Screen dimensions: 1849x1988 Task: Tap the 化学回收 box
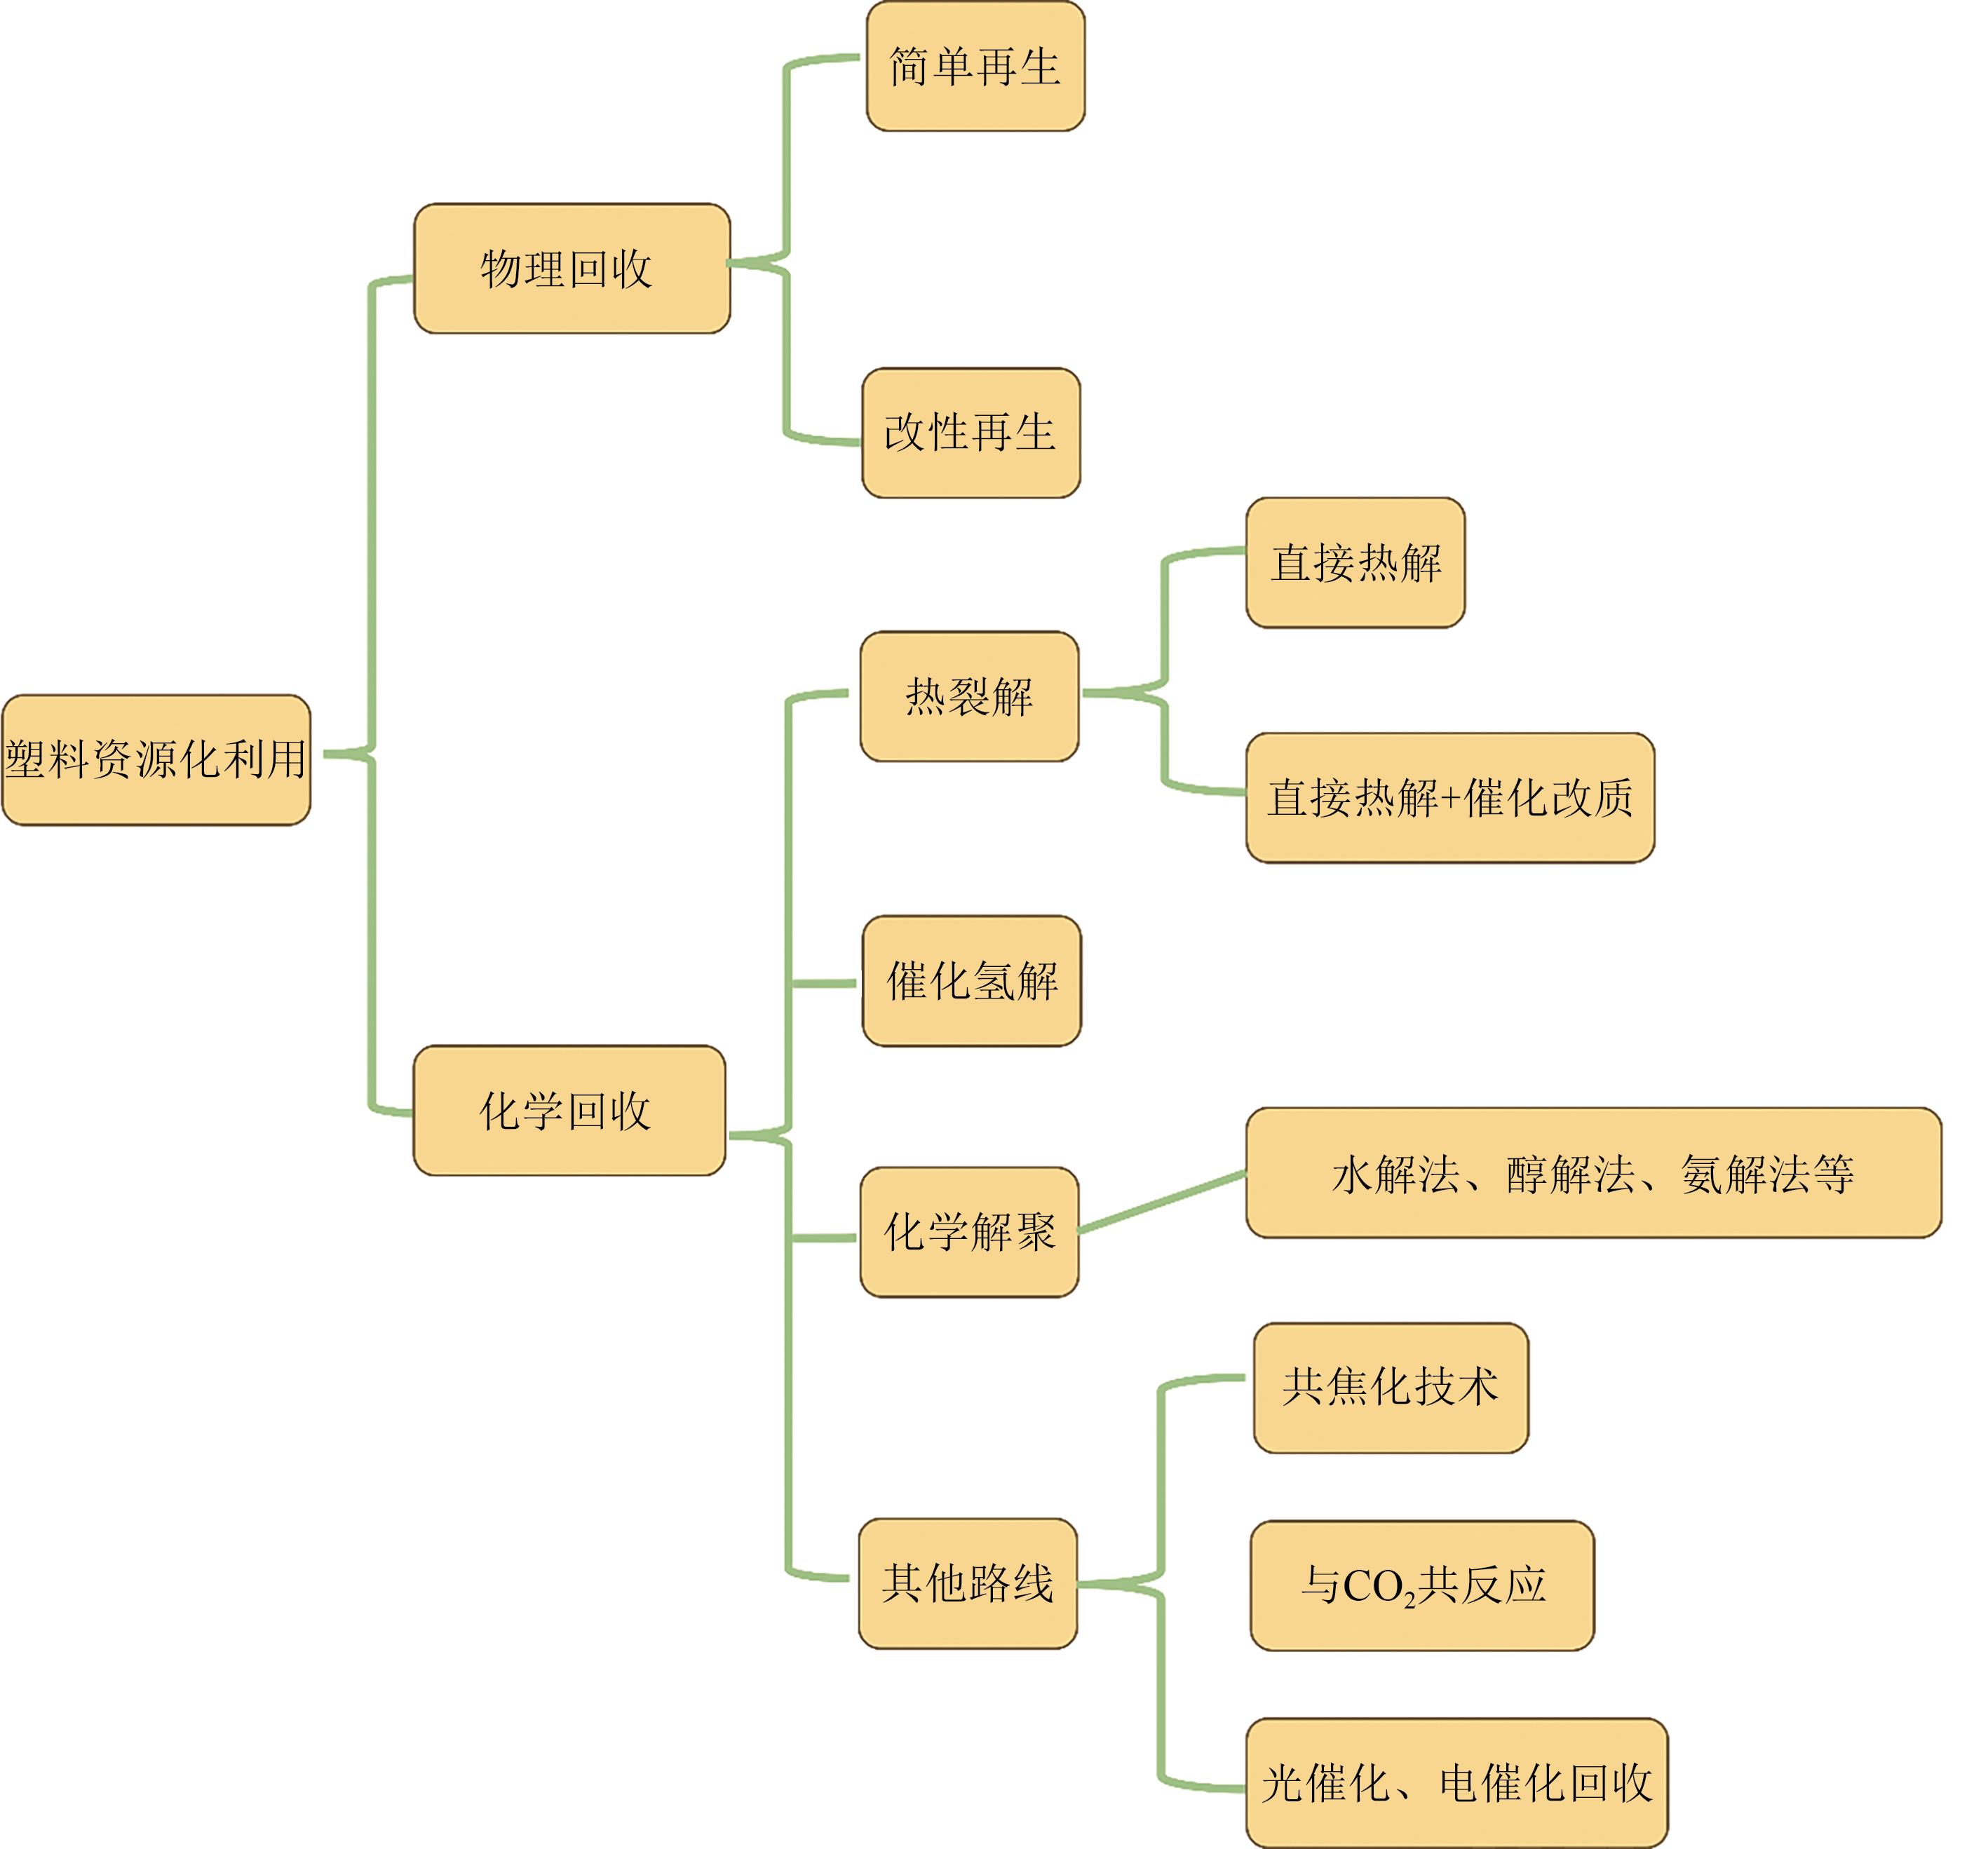[569, 1110]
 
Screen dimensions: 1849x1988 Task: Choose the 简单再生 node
[975, 66]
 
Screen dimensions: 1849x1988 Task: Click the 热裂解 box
[969, 696]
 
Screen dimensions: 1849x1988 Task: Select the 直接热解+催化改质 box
[1450, 797]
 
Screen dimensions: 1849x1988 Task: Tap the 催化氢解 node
[971, 980]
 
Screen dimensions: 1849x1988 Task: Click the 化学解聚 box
[969, 1231]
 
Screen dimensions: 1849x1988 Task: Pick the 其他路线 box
[967, 1583]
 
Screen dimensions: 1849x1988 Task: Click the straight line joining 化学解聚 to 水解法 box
[1163, 1201]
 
